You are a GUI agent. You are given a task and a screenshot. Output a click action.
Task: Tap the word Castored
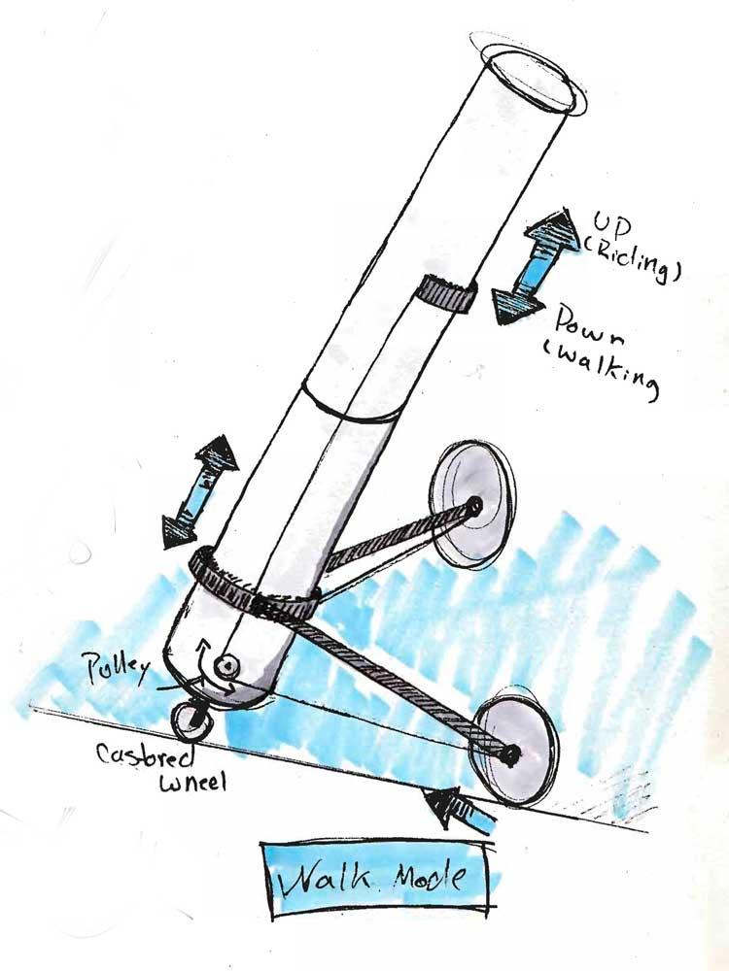click(148, 753)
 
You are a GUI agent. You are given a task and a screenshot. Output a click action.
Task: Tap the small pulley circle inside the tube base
click(226, 667)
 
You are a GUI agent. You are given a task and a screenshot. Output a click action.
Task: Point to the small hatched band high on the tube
click(446, 292)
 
